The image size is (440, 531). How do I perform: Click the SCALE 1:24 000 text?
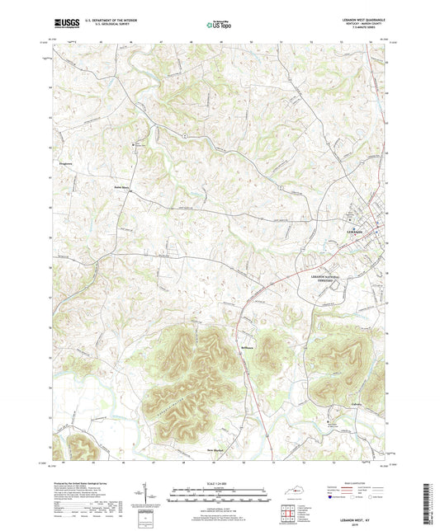[220, 485]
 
